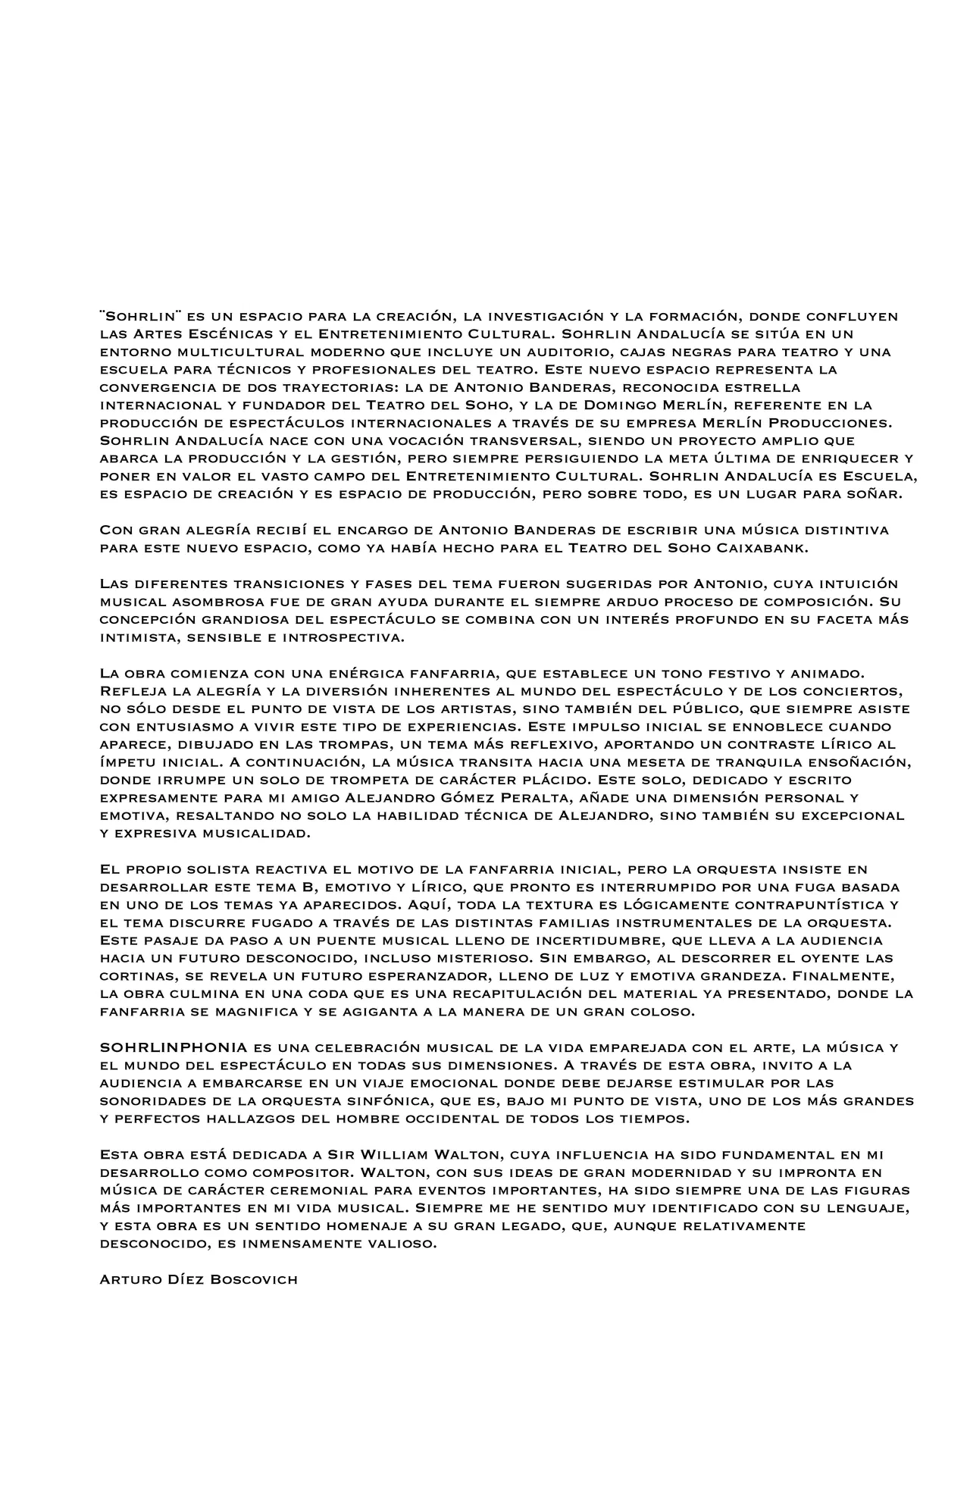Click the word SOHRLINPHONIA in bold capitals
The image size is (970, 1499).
point(174,1047)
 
